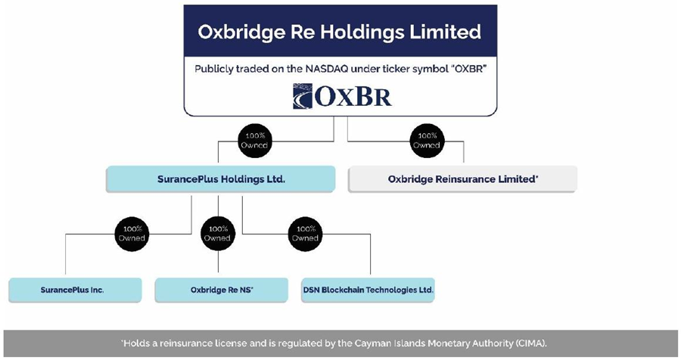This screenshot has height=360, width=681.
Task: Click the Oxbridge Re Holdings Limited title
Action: point(340,32)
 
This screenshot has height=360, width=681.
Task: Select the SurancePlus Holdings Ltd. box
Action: point(220,179)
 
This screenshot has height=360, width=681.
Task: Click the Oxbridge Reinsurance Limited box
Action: point(462,179)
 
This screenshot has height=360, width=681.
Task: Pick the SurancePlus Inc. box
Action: point(75,290)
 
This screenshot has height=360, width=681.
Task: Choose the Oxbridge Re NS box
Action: point(221,290)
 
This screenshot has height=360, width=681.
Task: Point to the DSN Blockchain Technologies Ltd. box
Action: point(368,290)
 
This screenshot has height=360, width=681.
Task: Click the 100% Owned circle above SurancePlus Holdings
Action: point(255,141)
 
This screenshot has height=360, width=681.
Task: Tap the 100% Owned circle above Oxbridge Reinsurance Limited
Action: point(426,141)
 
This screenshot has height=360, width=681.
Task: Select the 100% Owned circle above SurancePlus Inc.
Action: point(131,234)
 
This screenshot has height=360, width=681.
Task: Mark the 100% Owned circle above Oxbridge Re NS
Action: point(218,234)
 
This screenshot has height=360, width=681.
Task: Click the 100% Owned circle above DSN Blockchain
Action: point(306,234)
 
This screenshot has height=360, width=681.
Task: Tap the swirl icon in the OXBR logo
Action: point(303,96)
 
